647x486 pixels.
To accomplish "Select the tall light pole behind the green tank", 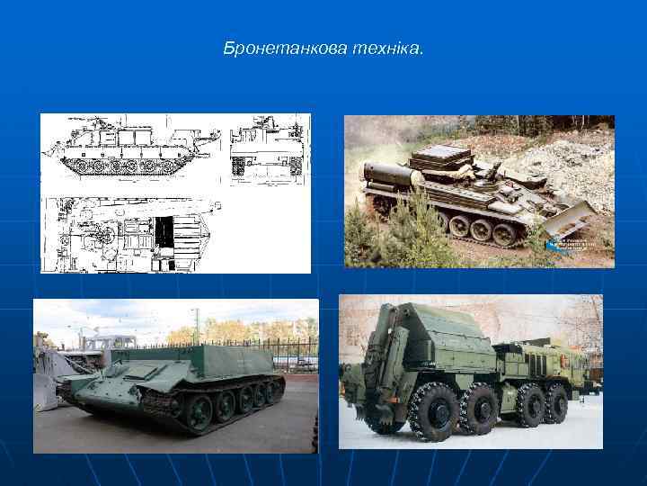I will pyautogui.click(x=195, y=324).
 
